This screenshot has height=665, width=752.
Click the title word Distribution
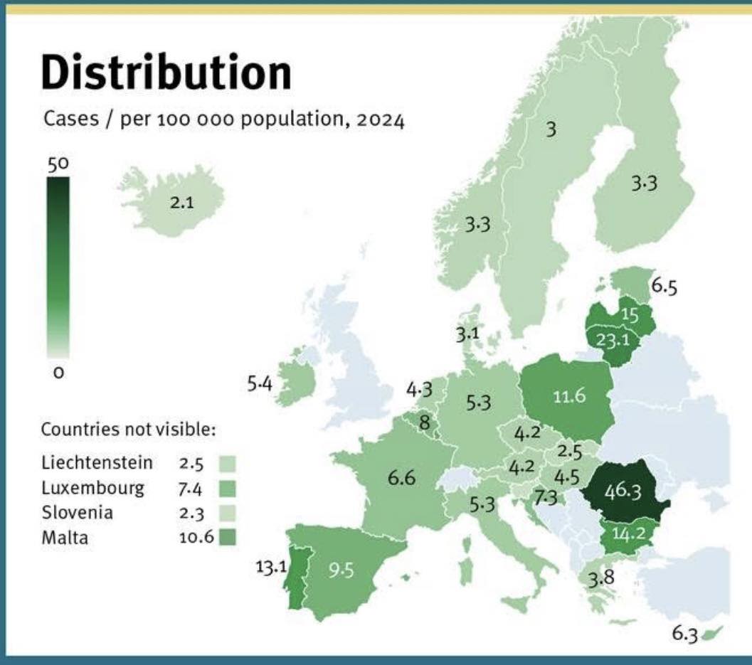(166, 73)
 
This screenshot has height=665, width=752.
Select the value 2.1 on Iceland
(181, 203)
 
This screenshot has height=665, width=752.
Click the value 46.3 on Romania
(623, 491)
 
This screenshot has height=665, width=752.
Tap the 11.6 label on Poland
(569, 396)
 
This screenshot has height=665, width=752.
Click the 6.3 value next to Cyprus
(685, 634)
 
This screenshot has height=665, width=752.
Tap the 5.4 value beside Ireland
(260, 385)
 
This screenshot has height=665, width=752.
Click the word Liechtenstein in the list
(97, 463)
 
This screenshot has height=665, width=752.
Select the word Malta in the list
(65, 537)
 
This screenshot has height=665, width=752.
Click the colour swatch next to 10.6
(228, 537)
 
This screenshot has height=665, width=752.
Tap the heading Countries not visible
(128, 430)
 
